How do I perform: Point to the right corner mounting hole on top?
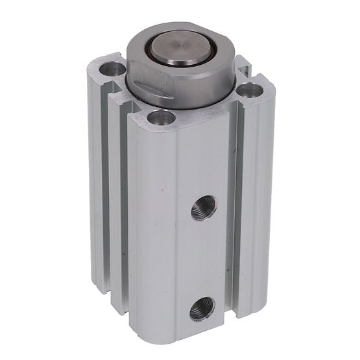click(247, 91)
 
